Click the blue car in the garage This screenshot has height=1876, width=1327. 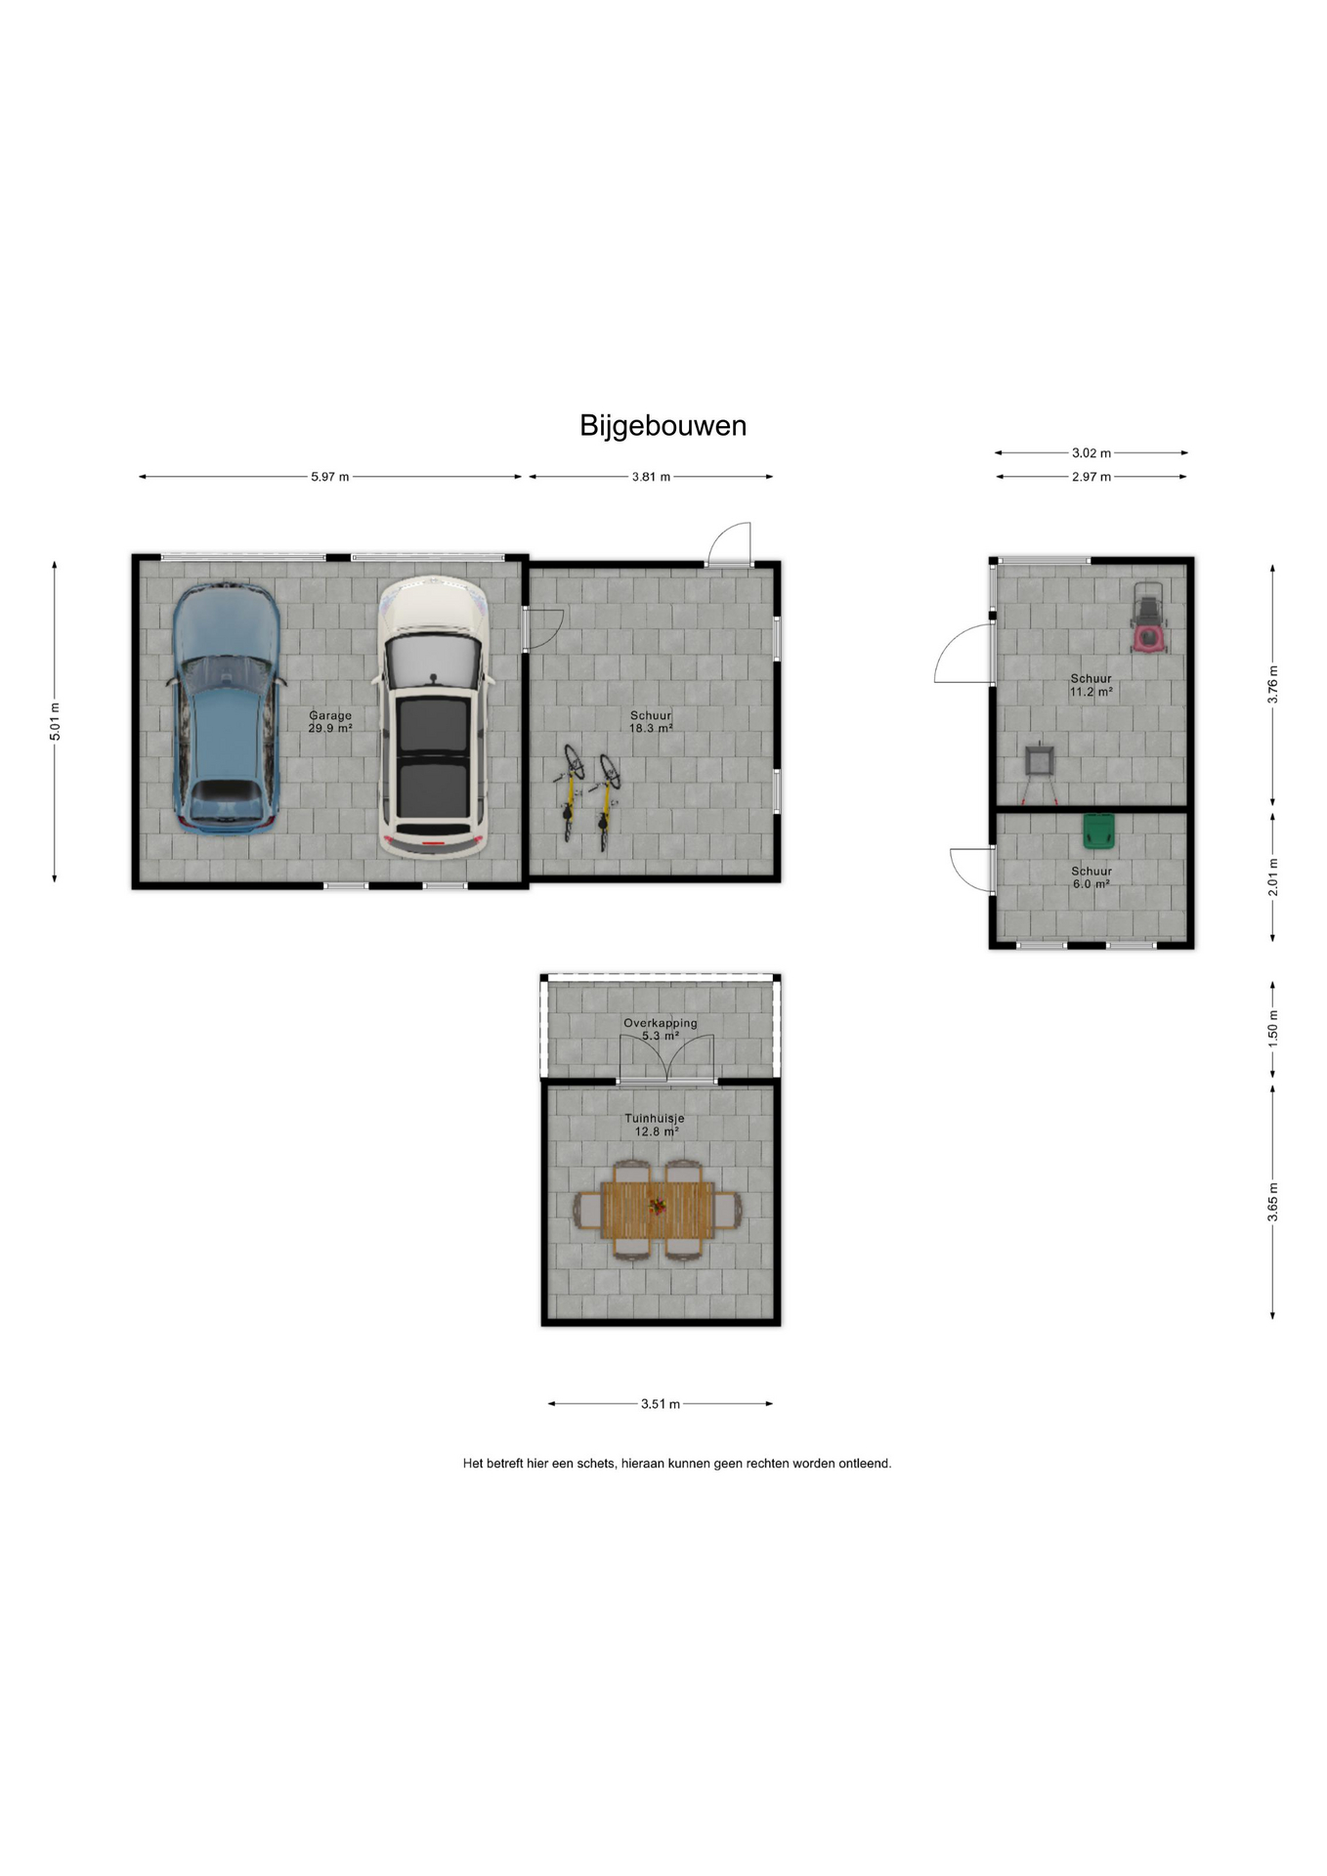click(x=226, y=707)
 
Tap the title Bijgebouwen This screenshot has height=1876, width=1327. click(x=663, y=426)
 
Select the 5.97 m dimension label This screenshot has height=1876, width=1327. click(x=330, y=477)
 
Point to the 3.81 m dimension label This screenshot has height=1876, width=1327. click(x=651, y=477)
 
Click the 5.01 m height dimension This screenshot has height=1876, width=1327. click(x=56, y=722)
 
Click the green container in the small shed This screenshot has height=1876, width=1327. click(x=1098, y=831)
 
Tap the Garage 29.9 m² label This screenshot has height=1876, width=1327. click(x=330, y=722)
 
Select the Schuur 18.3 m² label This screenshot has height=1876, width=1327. click(x=651, y=722)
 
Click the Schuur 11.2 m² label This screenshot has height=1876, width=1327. click(x=1092, y=685)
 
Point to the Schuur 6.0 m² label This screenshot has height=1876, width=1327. click(x=1092, y=877)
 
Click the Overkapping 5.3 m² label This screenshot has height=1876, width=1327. click(x=661, y=1029)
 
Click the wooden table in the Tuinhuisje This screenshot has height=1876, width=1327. click(x=658, y=1210)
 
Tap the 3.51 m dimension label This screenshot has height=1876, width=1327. click(x=661, y=1404)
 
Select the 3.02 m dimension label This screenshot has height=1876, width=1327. click(x=1092, y=453)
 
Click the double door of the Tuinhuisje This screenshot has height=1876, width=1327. click(x=666, y=1057)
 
